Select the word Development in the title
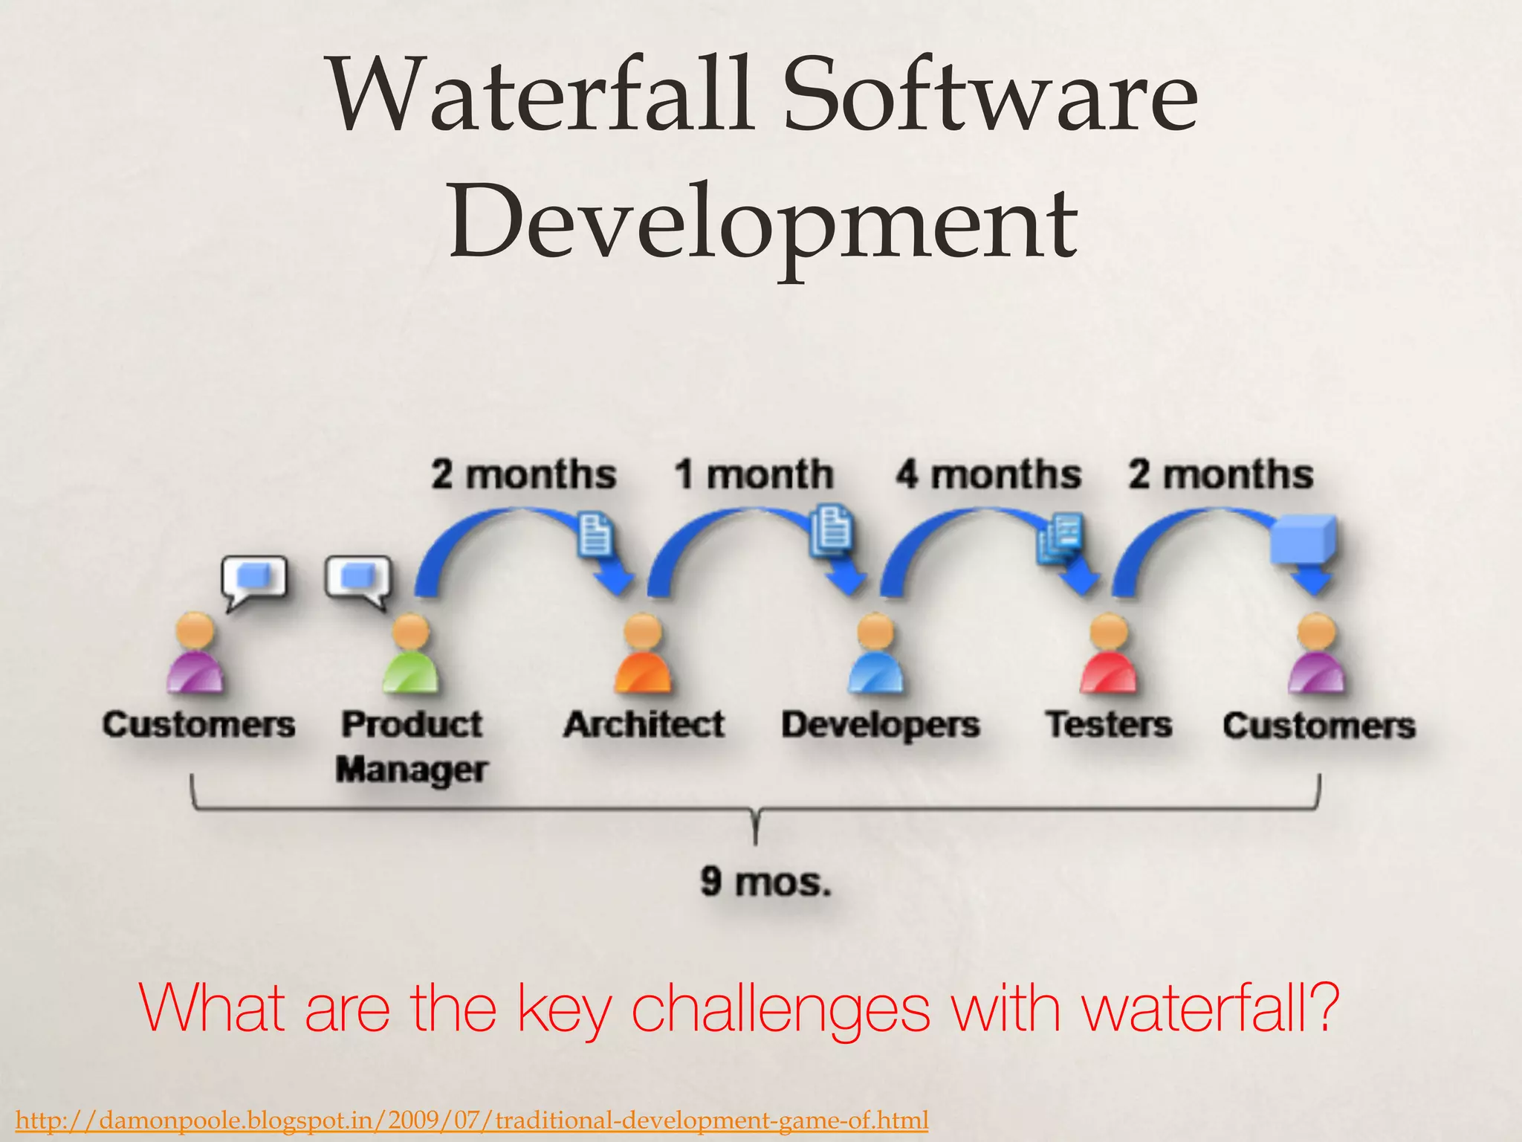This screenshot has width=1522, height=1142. (x=762, y=223)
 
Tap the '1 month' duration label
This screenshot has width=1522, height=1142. (x=754, y=474)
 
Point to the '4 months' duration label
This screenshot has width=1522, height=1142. (x=988, y=474)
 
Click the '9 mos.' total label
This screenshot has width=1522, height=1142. (x=765, y=883)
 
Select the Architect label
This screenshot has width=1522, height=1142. (x=644, y=724)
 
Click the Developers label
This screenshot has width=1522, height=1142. (x=881, y=725)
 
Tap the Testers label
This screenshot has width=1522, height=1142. (x=1109, y=724)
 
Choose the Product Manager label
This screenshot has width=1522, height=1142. (x=412, y=746)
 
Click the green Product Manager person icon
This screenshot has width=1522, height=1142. (x=410, y=654)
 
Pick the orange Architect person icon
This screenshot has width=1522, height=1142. (x=643, y=654)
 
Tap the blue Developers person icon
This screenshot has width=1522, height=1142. (x=875, y=654)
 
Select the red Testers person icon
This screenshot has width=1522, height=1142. (x=1108, y=654)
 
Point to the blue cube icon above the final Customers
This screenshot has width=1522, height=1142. (x=1304, y=539)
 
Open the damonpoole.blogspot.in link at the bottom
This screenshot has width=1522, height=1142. (x=472, y=1120)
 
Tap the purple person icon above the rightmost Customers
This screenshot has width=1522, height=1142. (x=1316, y=654)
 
